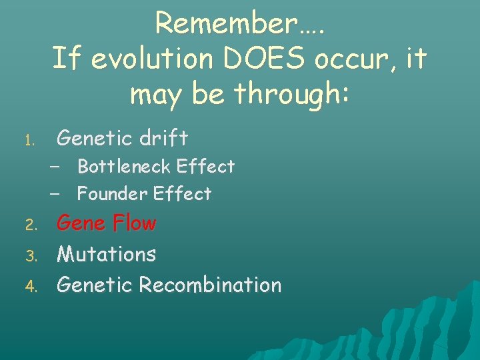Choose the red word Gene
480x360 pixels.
81,223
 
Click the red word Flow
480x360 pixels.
134,223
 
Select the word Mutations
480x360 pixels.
107,254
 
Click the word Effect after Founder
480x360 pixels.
182,194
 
